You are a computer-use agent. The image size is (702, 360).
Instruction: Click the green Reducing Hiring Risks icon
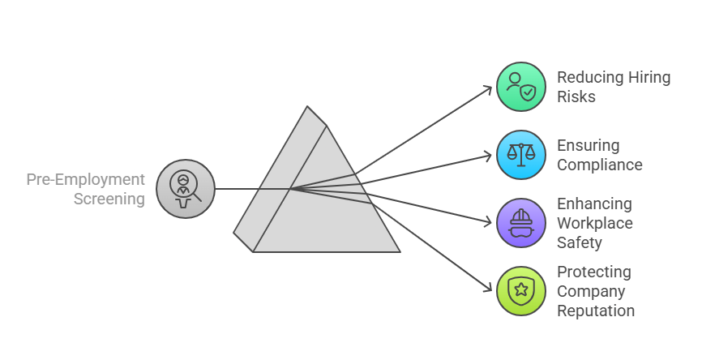(521, 87)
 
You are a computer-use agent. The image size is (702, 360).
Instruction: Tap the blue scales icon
(521, 155)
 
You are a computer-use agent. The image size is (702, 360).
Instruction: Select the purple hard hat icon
(521, 223)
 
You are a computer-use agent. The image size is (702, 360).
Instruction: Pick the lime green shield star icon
(521, 291)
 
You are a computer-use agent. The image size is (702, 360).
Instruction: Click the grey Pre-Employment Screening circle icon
(186, 189)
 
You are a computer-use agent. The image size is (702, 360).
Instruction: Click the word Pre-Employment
(86, 179)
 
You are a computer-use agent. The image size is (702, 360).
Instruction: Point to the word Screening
(109, 199)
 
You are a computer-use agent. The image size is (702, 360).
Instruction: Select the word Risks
(576, 97)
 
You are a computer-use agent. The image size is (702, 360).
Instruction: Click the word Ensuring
(588, 146)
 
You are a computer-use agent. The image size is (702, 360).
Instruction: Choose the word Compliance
(599, 165)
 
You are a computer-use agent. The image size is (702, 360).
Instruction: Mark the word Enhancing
(594, 204)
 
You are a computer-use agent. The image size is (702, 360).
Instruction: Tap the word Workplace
(594, 223)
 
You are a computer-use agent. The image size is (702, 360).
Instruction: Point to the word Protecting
(594, 272)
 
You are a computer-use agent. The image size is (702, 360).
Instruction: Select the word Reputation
(596, 311)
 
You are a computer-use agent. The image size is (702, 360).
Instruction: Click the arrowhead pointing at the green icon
(488, 88)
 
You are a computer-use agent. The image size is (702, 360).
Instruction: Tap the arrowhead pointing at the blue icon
(488, 155)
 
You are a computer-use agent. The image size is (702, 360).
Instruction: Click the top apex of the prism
(307, 107)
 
